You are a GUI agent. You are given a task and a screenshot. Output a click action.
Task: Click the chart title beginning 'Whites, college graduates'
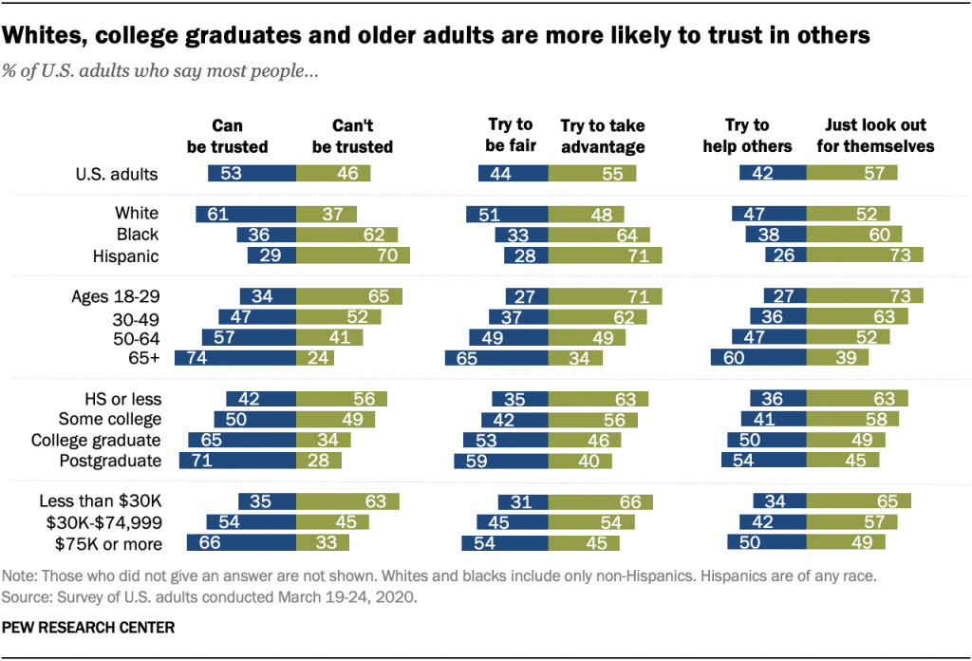438,36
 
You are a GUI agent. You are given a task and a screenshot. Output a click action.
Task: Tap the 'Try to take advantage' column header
602,136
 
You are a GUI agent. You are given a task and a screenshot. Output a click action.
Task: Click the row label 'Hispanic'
125,255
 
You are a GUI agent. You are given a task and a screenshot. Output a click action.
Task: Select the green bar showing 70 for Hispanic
352,255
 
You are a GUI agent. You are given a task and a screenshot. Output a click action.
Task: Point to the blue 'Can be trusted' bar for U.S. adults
252,174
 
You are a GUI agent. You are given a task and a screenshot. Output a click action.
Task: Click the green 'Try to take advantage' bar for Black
598,235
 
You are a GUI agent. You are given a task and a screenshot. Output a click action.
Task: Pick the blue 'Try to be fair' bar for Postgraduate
500,461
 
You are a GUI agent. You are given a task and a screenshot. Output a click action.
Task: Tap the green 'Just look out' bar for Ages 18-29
865,295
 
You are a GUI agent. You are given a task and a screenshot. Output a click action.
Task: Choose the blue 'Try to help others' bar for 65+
758,358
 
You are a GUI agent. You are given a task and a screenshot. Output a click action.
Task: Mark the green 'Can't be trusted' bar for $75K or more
322,544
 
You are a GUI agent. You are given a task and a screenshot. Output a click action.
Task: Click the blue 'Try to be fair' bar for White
507,214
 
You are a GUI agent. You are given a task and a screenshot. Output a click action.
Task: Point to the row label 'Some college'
110,419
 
